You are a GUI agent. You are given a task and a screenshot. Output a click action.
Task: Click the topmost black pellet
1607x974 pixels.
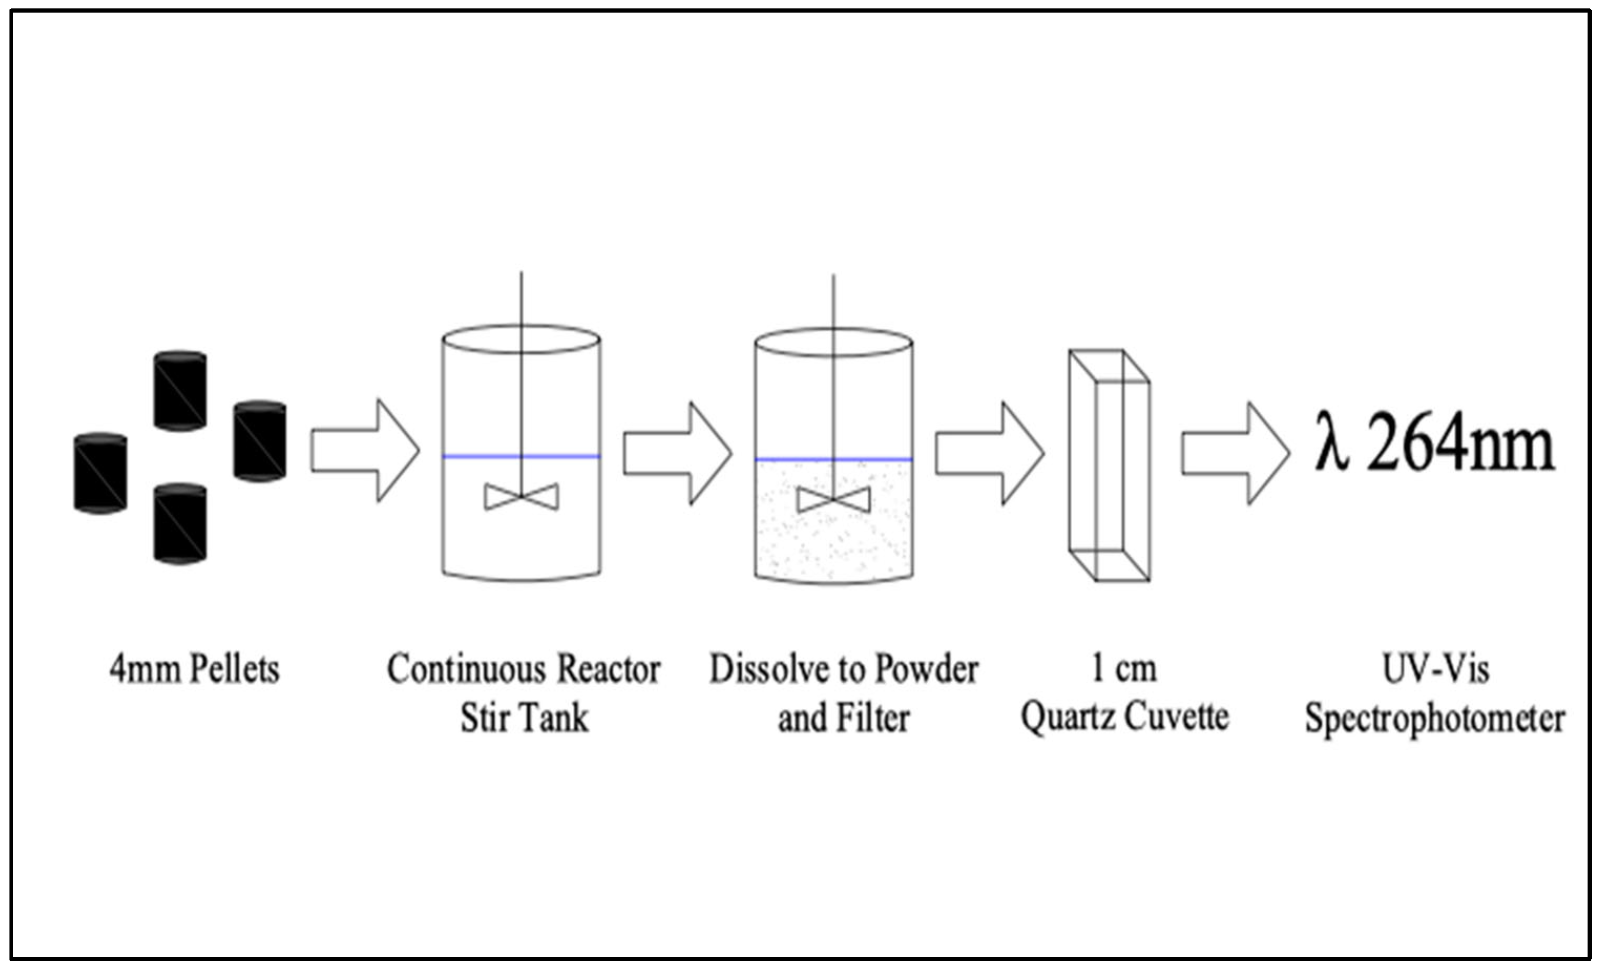click(x=180, y=391)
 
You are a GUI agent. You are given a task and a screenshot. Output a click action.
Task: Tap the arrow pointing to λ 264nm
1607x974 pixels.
click(x=1235, y=454)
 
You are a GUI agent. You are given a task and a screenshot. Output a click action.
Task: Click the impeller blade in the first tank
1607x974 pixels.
click(x=521, y=497)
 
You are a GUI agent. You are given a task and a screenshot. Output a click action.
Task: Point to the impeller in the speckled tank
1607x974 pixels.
click(x=834, y=500)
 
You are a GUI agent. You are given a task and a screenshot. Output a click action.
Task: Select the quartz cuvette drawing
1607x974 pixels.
click(x=1109, y=465)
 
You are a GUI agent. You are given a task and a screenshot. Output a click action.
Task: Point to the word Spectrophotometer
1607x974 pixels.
click(x=1435, y=719)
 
